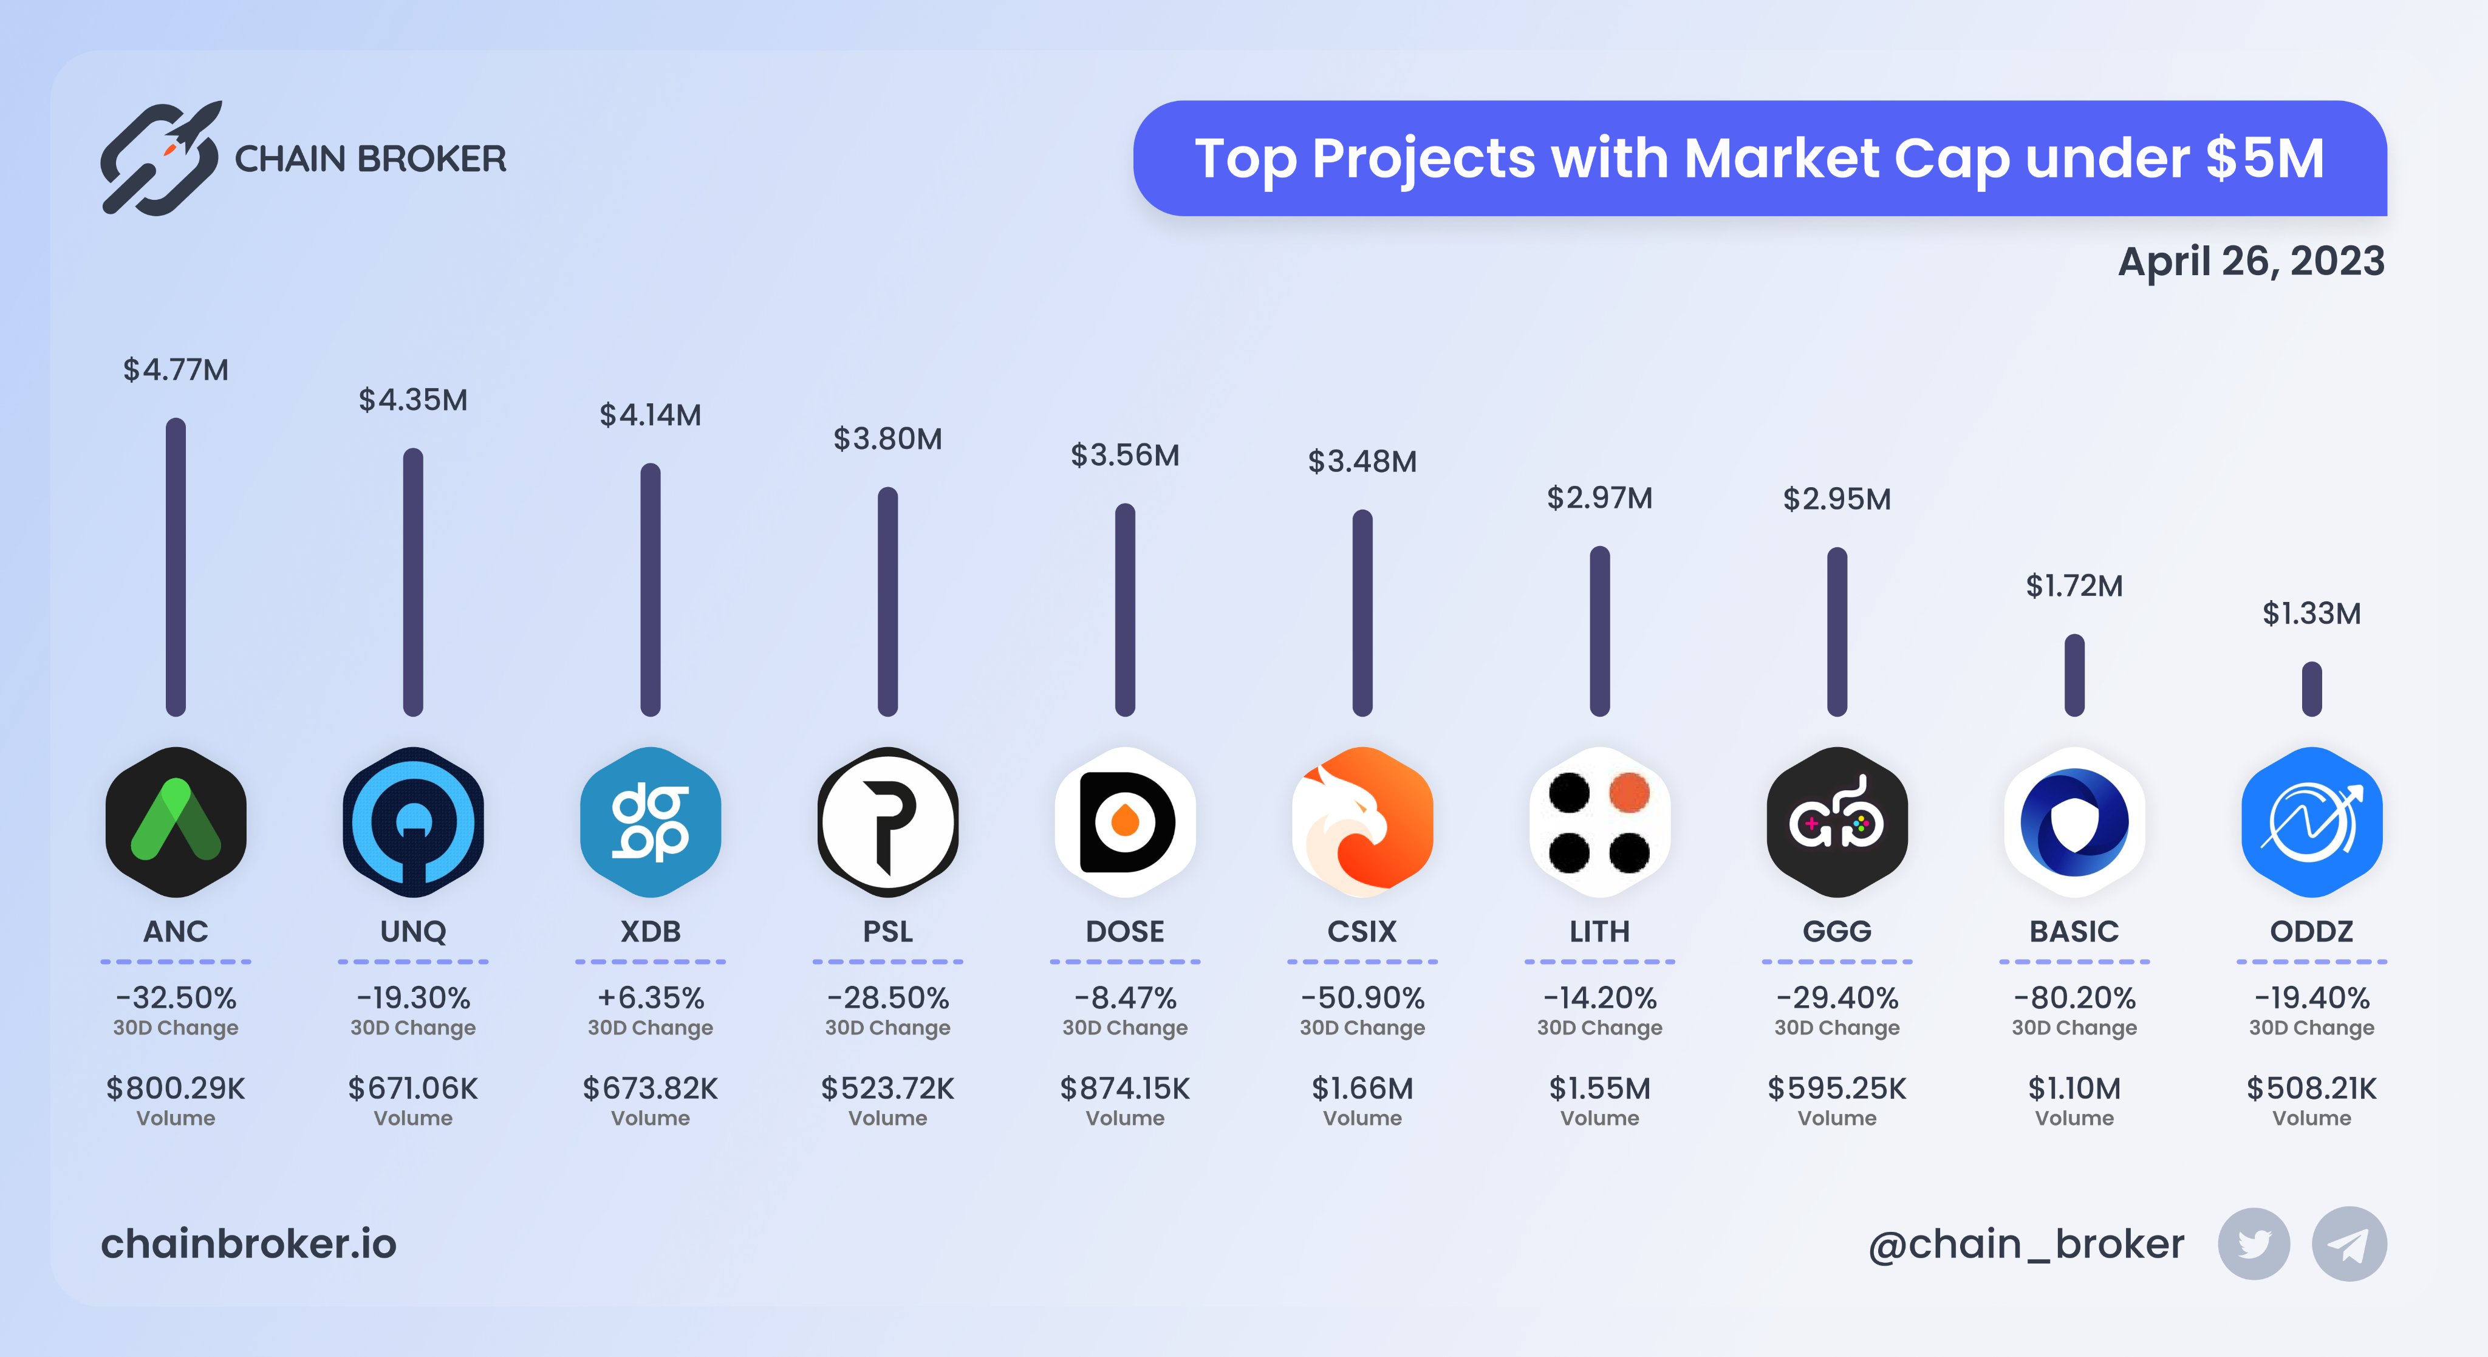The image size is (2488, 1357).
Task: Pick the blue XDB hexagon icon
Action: click(650, 822)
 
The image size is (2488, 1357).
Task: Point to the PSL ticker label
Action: click(887, 931)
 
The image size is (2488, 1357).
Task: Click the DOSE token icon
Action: click(1124, 822)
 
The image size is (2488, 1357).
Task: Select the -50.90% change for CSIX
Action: click(1362, 997)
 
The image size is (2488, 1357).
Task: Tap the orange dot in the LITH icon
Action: click(1629, 793)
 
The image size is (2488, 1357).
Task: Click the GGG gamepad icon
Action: click(1836, 822)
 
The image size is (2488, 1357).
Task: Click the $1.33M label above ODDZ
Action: click(2311, 614)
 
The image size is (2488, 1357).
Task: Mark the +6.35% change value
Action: click(650, 997)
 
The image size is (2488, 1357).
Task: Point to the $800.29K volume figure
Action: click(176, 1089)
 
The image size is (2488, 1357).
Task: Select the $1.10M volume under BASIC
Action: click(2074, 1089)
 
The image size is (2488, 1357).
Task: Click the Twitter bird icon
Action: click(2254, 1244)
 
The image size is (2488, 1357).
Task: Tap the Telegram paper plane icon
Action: click(2349, 1244)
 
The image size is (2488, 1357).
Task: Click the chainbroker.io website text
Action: click(248, 1244)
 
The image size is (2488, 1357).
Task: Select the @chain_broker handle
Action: click(2025, 1244)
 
